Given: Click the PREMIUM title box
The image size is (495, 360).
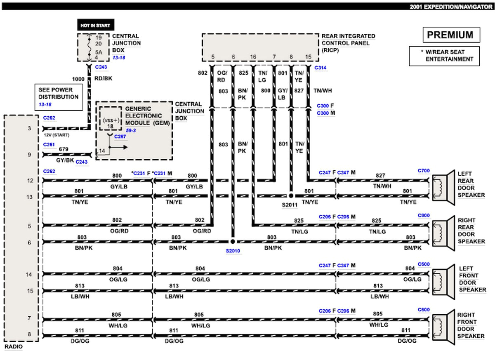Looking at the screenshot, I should click(451, 35).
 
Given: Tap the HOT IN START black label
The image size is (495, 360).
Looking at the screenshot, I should click(95, 25).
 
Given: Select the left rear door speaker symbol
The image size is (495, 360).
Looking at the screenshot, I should click(441, 188).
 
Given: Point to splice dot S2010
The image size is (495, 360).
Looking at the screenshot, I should click(233, 242).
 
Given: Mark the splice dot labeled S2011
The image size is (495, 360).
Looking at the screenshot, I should click(291, 195).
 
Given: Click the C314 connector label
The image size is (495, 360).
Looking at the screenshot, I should click(321, 67).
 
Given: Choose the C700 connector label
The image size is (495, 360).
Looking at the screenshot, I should click(424, 170).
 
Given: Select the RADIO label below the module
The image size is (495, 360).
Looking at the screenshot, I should click(14, 347).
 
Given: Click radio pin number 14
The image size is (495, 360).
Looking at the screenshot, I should click(29, 274).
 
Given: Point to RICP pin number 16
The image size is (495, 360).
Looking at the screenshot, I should click(253, 56).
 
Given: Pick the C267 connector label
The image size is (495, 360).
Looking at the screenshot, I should click(120, 136).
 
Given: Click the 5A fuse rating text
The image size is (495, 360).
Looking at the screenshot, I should click(99, 52).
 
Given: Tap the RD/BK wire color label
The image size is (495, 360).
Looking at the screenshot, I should click(104, 79).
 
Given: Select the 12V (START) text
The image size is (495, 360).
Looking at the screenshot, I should click(57, 135).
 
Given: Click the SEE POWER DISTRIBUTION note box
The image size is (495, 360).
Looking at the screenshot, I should click(58, 97).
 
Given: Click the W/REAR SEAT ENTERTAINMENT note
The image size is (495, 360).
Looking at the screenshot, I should click(444, 56).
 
